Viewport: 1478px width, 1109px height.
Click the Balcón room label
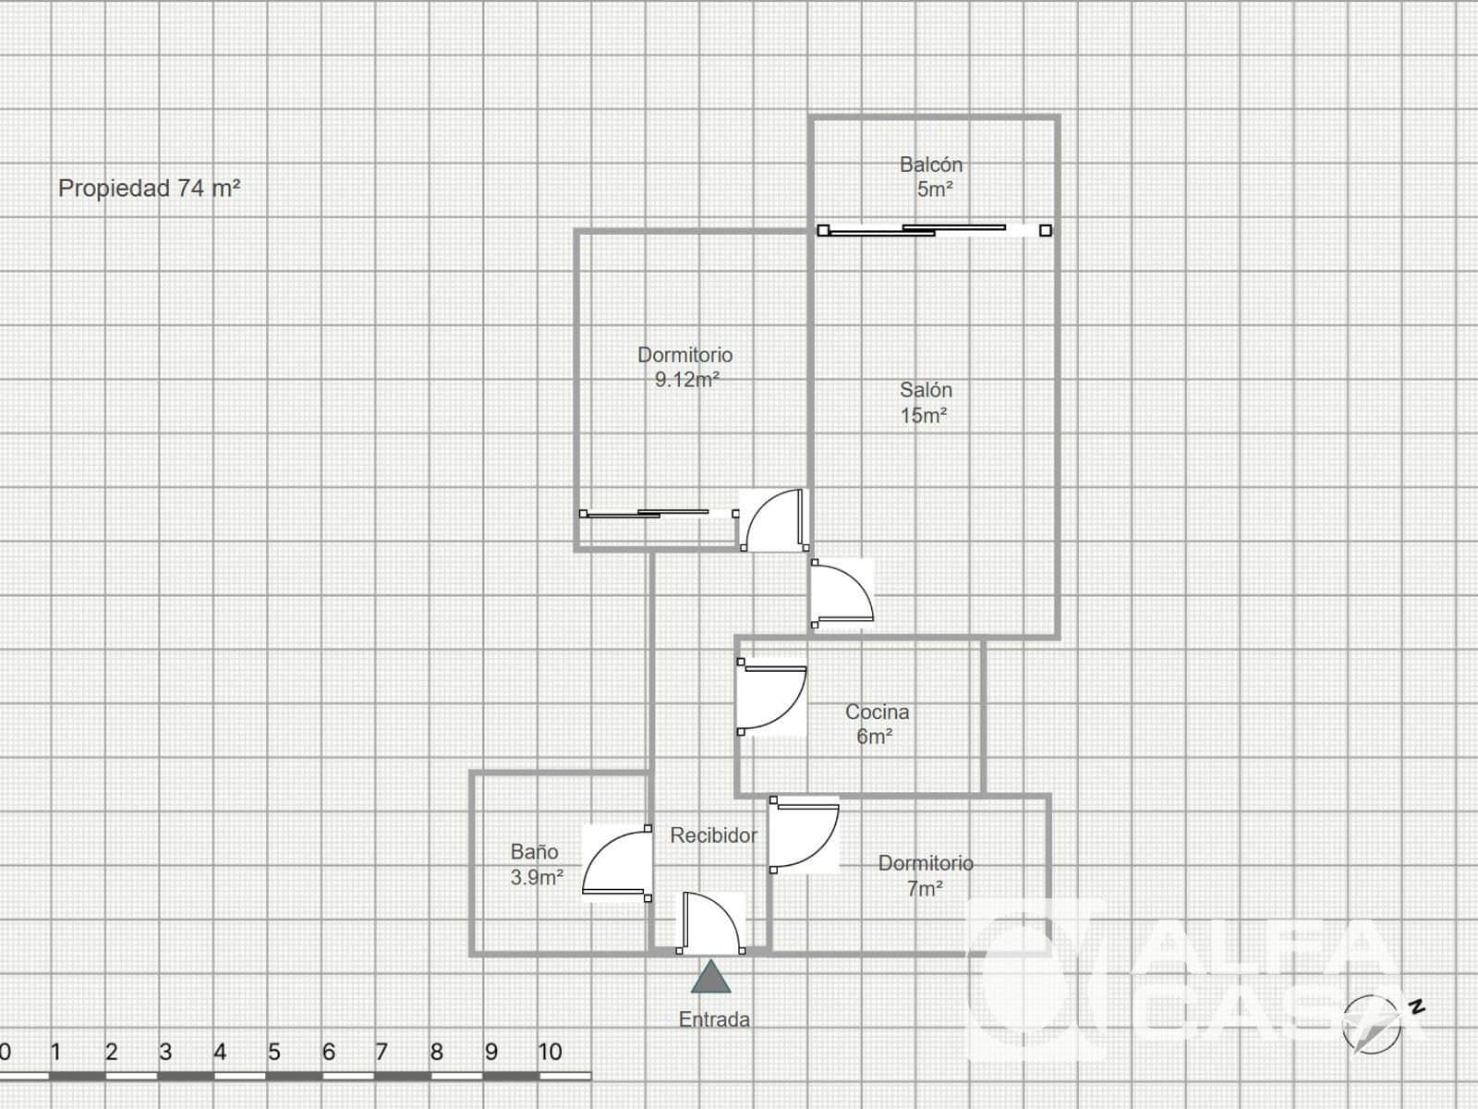(x=931, y=177)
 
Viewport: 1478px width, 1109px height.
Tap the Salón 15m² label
(x=926, y=403)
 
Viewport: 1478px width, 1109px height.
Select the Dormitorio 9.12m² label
(x=684, y=367)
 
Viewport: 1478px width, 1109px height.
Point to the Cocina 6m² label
(x=877, y=724)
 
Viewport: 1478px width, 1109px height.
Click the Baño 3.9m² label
(x=536, y=865)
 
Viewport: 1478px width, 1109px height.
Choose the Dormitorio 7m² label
(x=926, y=875)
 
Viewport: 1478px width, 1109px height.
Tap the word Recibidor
(x=714, y=835)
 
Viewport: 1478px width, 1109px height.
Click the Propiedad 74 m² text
(x=150, y=188)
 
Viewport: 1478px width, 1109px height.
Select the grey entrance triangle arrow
(x=710, y=977)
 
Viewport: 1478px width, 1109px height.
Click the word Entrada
(x=714, y=1019)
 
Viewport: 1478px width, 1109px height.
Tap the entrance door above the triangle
(x=710, y=921)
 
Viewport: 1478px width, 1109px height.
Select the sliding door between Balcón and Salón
(x=934, y=230)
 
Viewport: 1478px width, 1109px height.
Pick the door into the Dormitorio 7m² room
(x=804, y=835)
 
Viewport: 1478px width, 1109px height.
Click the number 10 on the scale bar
(x=550, y=1052)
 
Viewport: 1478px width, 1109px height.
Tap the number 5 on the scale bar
(x=273, y=1052)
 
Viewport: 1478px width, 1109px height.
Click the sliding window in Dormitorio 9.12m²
(x=660, y=514)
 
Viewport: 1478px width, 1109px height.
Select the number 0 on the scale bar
(x=5, y=1052)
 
